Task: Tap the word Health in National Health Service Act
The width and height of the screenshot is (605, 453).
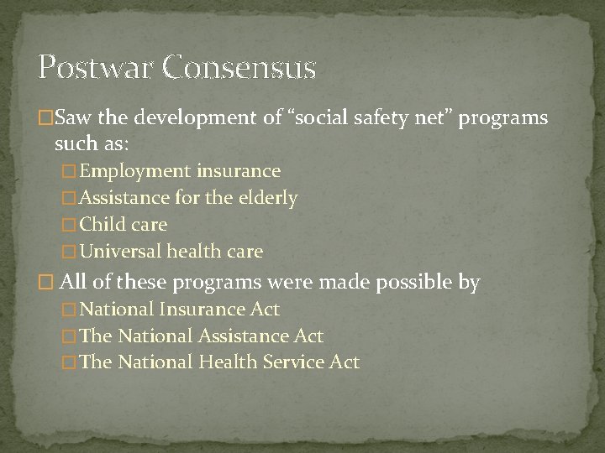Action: click(226, 362)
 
